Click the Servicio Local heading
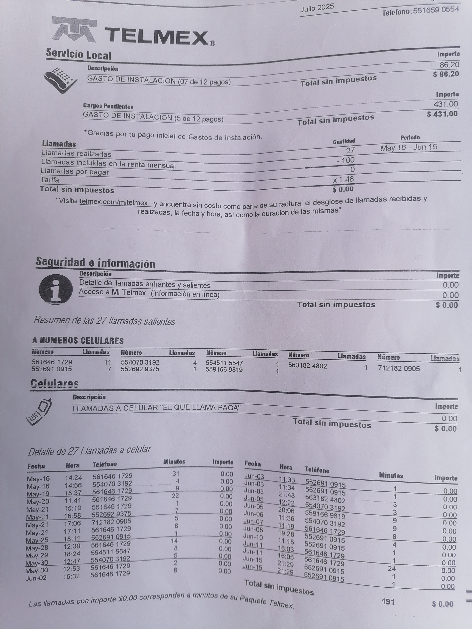(x=79, y=54)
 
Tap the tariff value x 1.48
(x=343, y=179)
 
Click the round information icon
(x=56, y=289)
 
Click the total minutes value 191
(x=388, y=602)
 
